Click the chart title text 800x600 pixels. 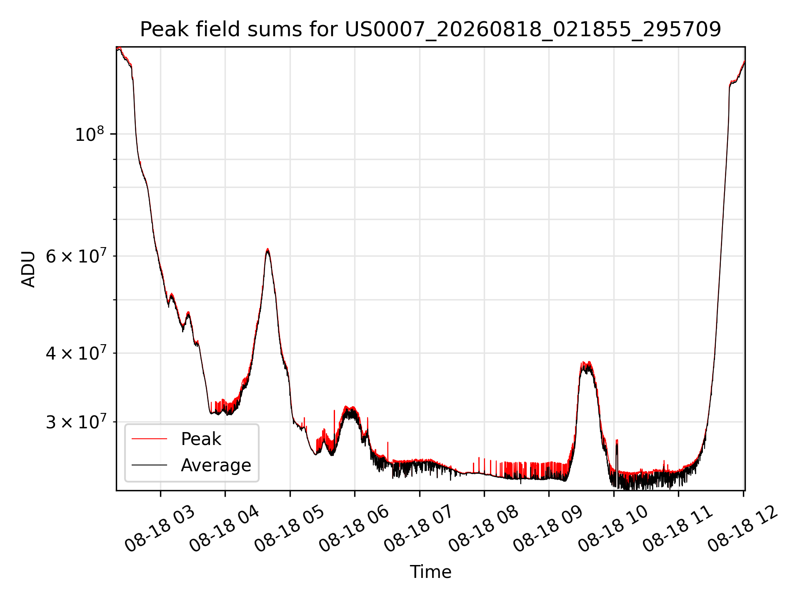click(430, 30)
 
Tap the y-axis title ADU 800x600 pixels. click(28, 269)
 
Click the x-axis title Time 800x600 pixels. click(430, 572)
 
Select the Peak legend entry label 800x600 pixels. click(201, 439)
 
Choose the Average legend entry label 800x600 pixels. click(216, 465)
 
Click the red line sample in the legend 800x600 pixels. click(149, 439)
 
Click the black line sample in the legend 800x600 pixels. click(149, 465)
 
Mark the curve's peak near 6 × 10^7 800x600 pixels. click(267, 249)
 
